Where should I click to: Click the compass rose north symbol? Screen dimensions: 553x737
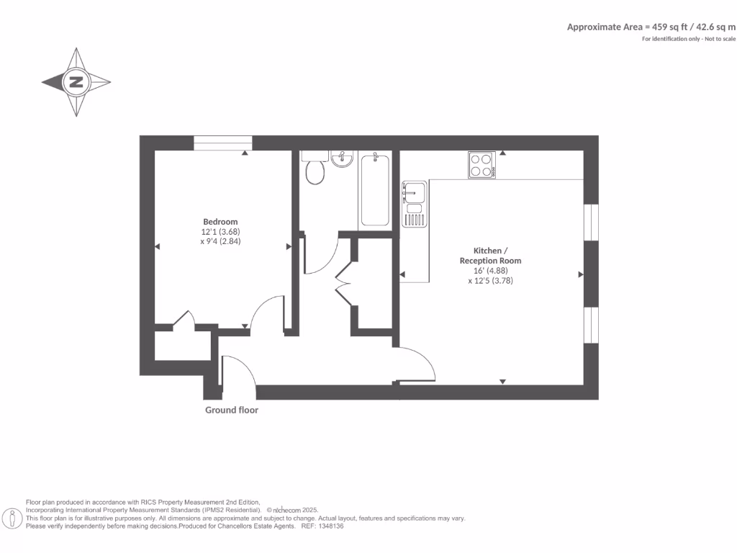pos(76,82)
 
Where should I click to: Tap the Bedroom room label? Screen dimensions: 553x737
pos(220,222)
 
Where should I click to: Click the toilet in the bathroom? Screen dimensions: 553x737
pos(315,171)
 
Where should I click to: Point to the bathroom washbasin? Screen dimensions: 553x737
pos(342,158)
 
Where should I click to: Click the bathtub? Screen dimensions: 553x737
pos(374,189)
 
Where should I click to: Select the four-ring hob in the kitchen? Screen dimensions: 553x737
pos(481,165)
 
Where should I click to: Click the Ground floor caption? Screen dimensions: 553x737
pos(232,410)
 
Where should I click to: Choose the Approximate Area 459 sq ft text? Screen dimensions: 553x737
pos(651,27)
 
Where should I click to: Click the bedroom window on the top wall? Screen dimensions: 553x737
pos(222,143)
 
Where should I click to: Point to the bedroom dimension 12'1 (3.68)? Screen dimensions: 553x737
pos(220,232)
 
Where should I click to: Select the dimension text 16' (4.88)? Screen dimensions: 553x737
pos(490,271)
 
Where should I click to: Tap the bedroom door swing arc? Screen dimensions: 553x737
pos(266,313)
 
